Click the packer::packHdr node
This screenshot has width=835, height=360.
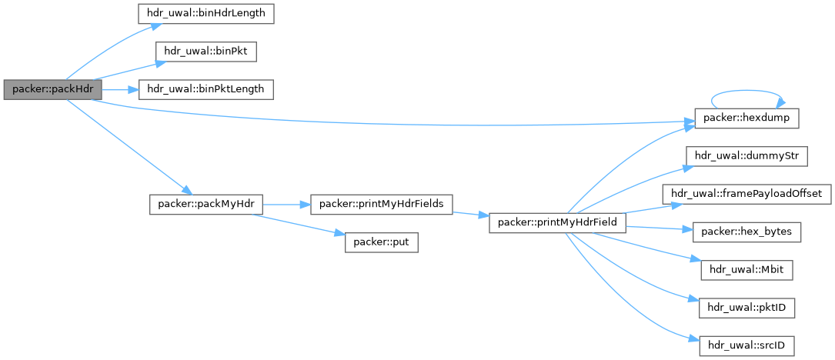(x=52, y=89)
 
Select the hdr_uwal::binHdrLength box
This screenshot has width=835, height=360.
(x=205, y=13)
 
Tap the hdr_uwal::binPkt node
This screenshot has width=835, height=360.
(x=205, y=52)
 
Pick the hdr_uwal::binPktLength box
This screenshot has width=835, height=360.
(x=205, y=89)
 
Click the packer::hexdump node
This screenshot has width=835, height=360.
(x=746, y=118)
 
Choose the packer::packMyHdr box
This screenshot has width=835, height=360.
(x=205, y=204)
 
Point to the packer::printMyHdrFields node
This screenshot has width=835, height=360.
(x=380, y=204)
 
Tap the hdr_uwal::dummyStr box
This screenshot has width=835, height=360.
(x=746, y=155)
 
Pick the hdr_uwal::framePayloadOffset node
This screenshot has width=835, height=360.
(x=746, y=193)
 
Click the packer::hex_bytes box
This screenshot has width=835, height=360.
(x=746, y=231)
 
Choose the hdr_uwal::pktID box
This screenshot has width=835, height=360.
(x=746, y=308)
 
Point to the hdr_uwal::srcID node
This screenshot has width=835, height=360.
(x=746, y=345)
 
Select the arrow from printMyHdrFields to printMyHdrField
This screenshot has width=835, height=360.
(x=471, y=214)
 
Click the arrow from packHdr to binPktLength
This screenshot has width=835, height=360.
(x=119, y=89)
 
